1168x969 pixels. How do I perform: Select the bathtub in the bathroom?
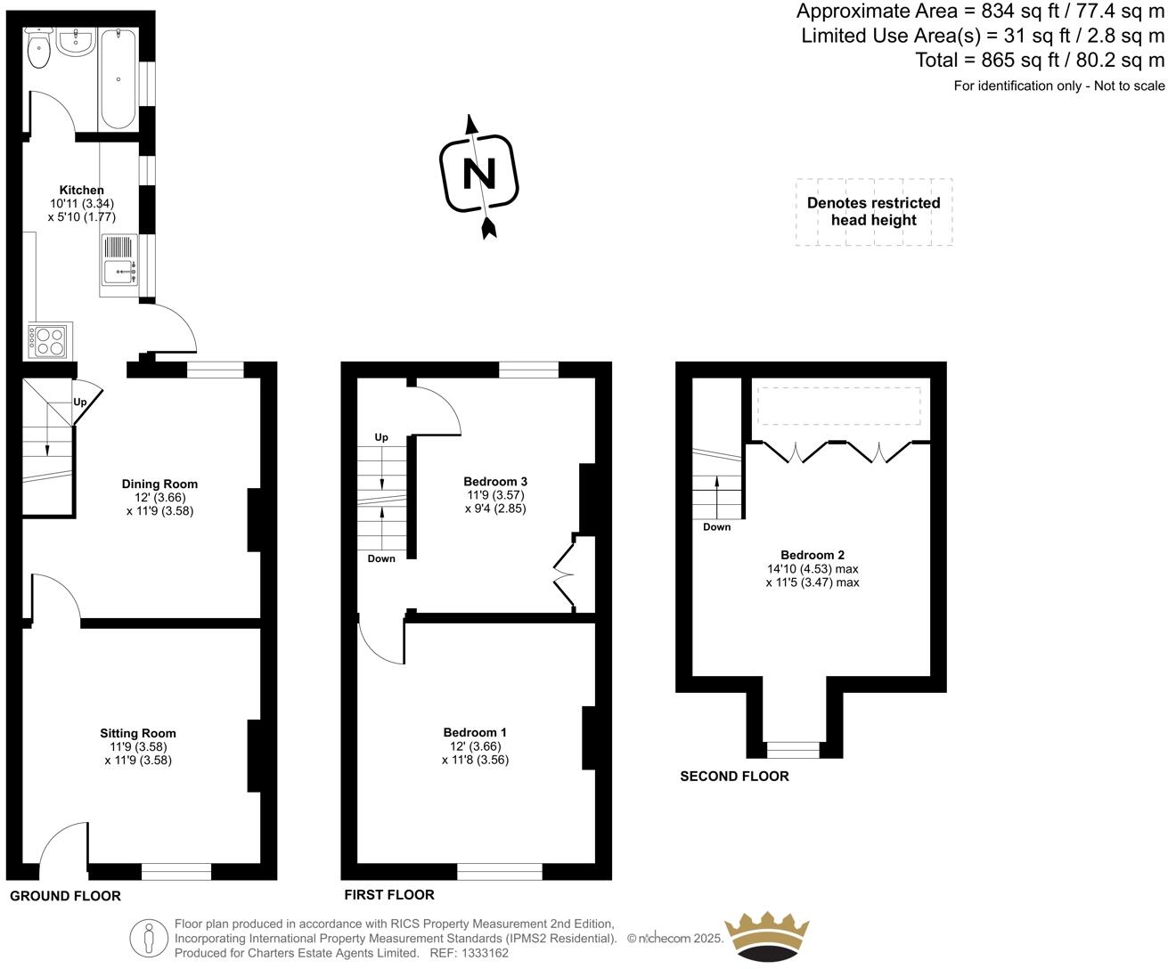pos(118,78)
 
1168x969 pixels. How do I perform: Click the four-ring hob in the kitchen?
pos(48,339)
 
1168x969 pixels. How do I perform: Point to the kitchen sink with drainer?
pos(118,259)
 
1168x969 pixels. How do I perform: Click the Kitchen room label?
pos(81,190)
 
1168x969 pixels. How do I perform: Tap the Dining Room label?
pos(159,484)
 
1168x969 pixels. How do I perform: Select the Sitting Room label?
pos(137,733)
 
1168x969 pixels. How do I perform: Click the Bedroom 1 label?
pos(475,732)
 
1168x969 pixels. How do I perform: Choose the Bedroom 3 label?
pos(495,481)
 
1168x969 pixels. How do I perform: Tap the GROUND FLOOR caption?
pos(65,895)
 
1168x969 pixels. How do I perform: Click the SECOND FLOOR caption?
pos(734,776)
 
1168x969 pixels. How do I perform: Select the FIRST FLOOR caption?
pos(389,894)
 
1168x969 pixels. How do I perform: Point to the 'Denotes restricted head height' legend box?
pos(874,212)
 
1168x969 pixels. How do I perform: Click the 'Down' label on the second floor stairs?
pos(716,526)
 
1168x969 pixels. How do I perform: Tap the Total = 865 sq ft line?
pos(1040,61)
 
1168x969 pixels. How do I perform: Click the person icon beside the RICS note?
pos(149,938)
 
